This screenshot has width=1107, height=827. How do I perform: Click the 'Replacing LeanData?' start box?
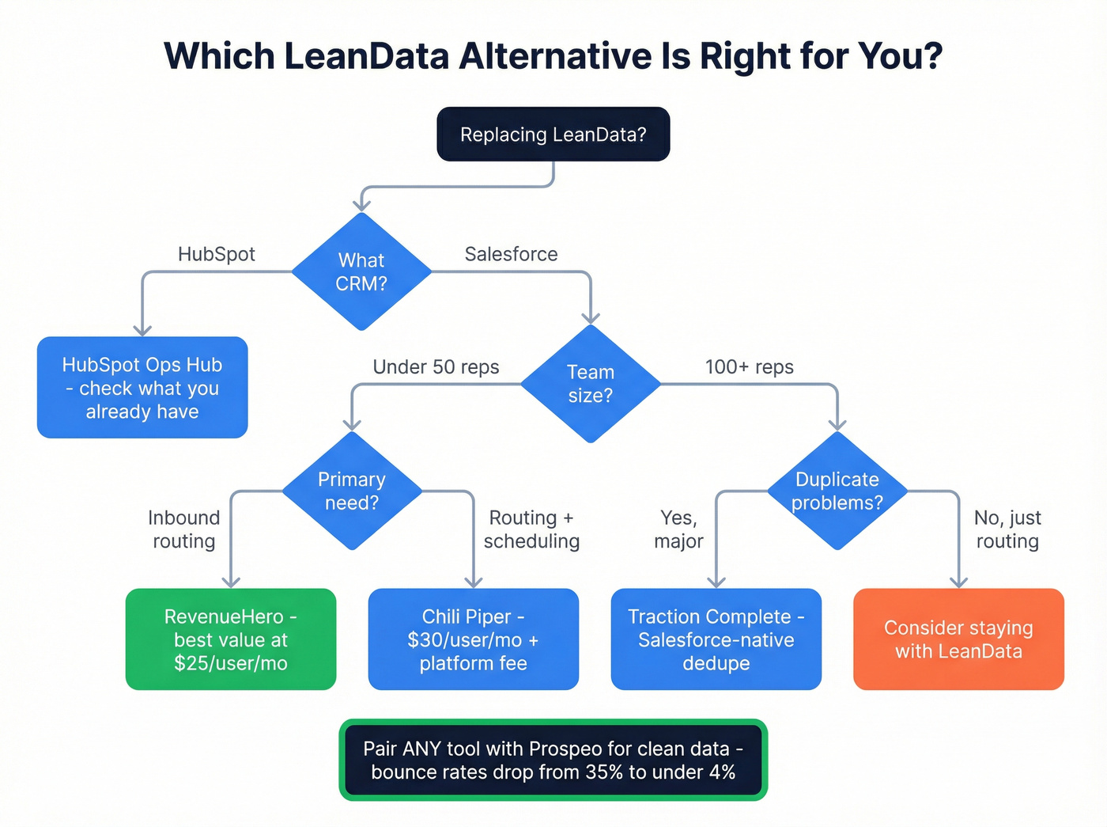pos(553,135)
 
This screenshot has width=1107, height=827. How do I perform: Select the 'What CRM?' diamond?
pos(361,271)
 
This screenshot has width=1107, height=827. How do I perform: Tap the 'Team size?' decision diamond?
pos(590,384)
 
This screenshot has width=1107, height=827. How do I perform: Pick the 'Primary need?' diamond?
pos(352,491)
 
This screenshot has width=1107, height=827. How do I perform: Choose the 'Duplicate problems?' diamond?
pos(837,491)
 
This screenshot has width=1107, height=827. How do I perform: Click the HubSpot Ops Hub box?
pos(142,388)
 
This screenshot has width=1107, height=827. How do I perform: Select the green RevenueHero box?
pos(231,639)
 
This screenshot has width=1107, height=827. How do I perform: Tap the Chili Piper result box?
pos(473,639)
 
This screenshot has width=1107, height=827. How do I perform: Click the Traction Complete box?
pos(716,639)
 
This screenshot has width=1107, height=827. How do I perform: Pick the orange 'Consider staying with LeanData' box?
pos(958,639)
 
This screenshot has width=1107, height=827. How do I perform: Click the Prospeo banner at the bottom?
pos(553,760)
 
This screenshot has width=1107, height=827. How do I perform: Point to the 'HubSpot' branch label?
pos(216,254)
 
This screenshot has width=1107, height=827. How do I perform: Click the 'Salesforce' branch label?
pos(511,254)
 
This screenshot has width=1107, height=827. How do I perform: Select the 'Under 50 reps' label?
pos(436,367)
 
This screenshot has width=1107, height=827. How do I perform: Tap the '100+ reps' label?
pos(749,367)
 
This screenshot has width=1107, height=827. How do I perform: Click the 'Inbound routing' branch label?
pos(183,529)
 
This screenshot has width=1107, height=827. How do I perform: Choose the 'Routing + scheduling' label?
pos(531,529)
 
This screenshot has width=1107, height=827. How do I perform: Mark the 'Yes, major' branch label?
pos(678,529)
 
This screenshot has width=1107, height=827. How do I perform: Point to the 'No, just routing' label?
pos(1007,529)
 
